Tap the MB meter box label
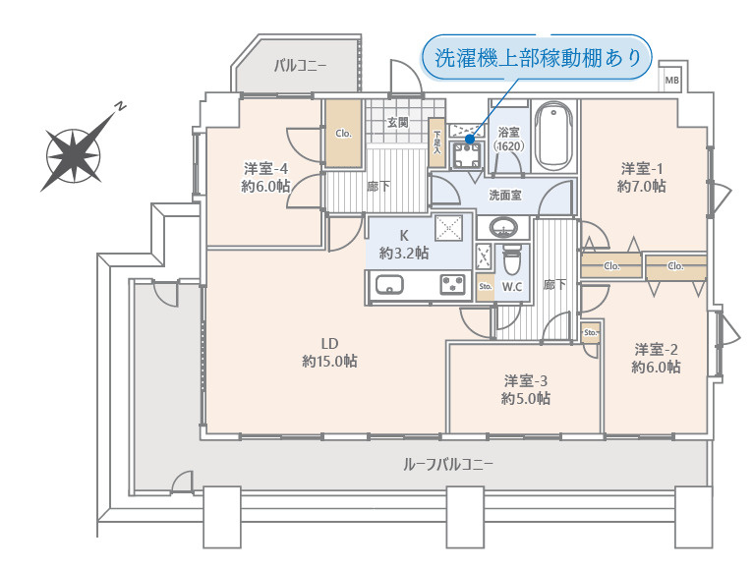[x=671, y=80]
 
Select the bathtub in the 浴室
[x=555, y=137]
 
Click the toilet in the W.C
[x=511, y=262]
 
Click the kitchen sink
[x=389, y=285]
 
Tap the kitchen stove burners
[x=452, y=284]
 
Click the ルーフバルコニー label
[x=448, y=463]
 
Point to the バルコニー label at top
[x=300, y=66]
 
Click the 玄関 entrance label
[x=397, y=123]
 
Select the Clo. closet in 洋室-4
[x=344, y=133]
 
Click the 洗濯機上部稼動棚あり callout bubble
[x=537, y=58]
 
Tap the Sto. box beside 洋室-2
[x=591, y=332]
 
